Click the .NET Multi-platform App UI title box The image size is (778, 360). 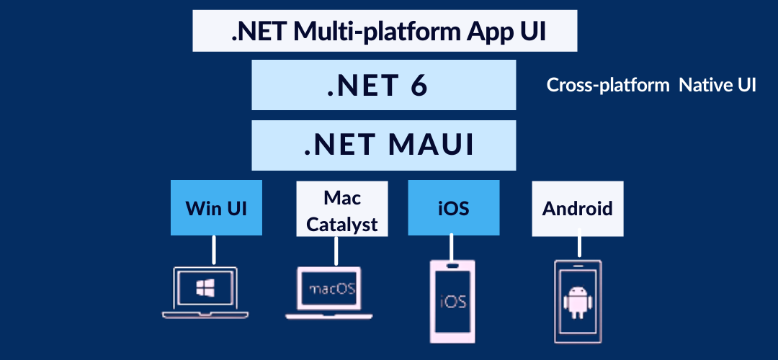385,31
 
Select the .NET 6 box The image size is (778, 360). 383,85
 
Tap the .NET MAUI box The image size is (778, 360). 383,145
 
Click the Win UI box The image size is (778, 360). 216,208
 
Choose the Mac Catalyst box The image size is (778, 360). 342,209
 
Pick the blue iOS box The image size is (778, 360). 454,208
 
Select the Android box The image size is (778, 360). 578,209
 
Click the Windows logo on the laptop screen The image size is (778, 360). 205,287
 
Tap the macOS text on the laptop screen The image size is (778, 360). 332,289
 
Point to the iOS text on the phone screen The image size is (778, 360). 453,301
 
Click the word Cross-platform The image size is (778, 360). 608,85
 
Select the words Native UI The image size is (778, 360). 717,85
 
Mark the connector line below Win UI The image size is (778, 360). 215,250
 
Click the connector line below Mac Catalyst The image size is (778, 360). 336,251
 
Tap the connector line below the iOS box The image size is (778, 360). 452,247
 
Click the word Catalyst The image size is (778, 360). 342,224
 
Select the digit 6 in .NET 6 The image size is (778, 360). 419,86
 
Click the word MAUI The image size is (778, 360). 431,145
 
